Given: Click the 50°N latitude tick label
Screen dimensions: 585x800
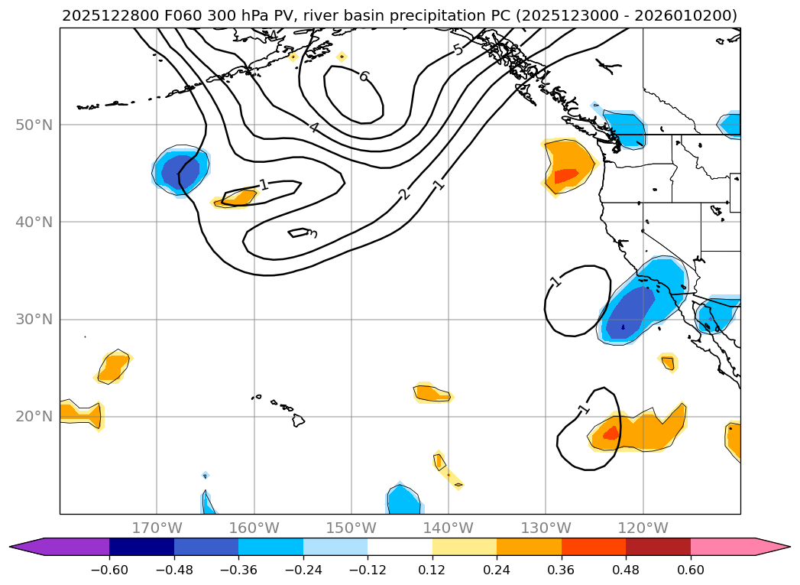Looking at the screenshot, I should click(x=35, y=125).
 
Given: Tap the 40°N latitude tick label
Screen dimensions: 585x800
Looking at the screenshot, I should click(x=35, y=222).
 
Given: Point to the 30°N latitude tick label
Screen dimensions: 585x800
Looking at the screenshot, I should click(x=35, y=319).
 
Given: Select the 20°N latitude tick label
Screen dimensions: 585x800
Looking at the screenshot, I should click(x=35, y=416).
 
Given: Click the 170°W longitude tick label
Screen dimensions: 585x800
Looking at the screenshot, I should click(x=157, y=528).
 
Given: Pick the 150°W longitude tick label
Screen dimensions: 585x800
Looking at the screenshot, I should click(x=351, y=528).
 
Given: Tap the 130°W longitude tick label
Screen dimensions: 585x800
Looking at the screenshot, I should click(x=546, y=528).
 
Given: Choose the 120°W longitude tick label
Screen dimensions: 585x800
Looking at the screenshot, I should click(x=643, y=528).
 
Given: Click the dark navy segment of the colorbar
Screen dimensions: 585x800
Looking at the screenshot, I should click(x=141, y=546).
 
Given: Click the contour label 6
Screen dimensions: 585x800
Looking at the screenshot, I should click(x=364, y=76).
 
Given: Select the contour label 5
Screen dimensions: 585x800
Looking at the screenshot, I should click(x=458, y=50).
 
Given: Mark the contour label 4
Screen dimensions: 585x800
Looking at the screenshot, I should click(x=314, y=127).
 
